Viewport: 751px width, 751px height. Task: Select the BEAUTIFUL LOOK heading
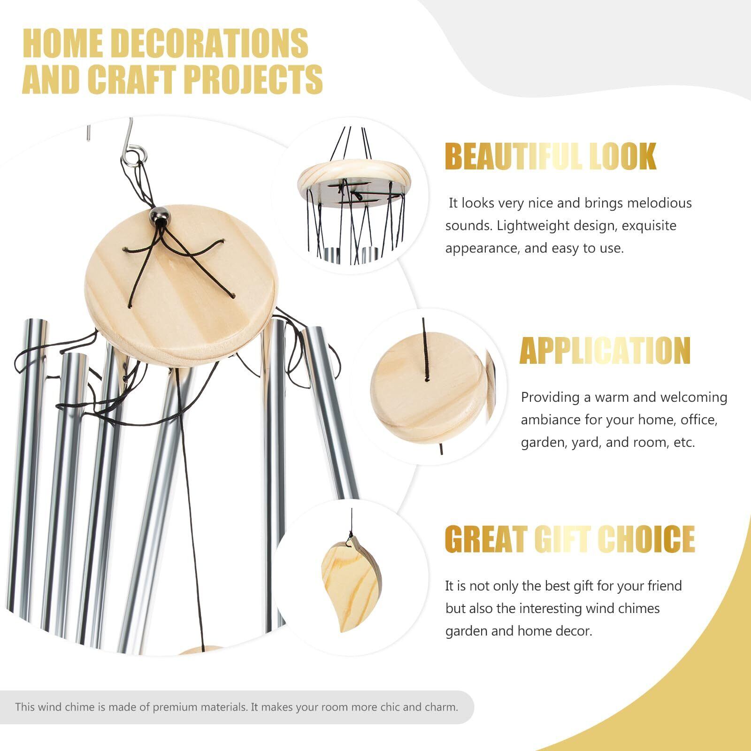[x=551, y=157]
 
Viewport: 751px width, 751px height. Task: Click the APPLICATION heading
[x=605, y=351]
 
